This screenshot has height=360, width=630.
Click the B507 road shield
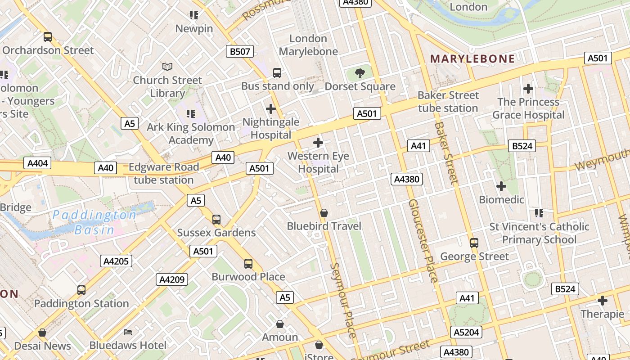tap(240, 51)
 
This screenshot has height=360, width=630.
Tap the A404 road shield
tap(37, 163)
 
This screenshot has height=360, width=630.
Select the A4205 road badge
tap(116, 261)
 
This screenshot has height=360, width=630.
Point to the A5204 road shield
tap(467, 333)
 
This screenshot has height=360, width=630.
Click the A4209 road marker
tap(172, 279)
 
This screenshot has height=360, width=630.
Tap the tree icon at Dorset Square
tap(360, 73)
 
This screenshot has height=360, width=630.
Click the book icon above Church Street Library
tap(167, 67)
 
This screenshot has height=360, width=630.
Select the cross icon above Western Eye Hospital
tap(318, 143)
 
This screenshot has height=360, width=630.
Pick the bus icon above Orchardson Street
tap(48, 37)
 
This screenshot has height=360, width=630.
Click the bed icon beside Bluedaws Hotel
tap(128, 332)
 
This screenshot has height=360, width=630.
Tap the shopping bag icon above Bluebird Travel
tap(324, 212)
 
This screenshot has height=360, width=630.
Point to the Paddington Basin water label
tap(94, 222)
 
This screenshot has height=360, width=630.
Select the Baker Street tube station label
tap(448, 102)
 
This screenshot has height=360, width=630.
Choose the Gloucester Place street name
tap(423, 241)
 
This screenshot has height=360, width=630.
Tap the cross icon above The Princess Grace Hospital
tap(528, 89)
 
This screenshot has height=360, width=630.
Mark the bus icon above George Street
tap(474, 243)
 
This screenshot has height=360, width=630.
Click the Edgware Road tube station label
tap(163, 173)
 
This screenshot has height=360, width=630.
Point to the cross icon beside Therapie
tap(603, 301)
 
